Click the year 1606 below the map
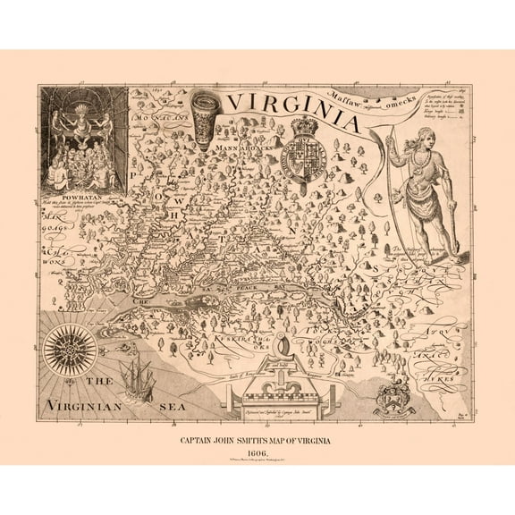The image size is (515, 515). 257,452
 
